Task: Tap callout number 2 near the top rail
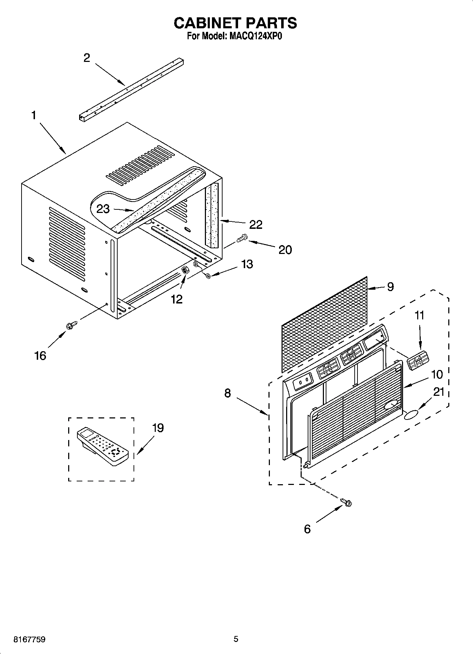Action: click(87, 58)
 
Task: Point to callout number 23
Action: click(103, 209)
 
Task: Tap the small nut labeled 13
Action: click(208, 276)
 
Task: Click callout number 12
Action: click(177, 299)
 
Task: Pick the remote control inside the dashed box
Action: click(102, 446)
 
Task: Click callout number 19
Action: click(158, 428)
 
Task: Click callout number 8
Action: click(227, 393)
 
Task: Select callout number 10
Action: click(437, 374)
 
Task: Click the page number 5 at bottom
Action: click(236, 639)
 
